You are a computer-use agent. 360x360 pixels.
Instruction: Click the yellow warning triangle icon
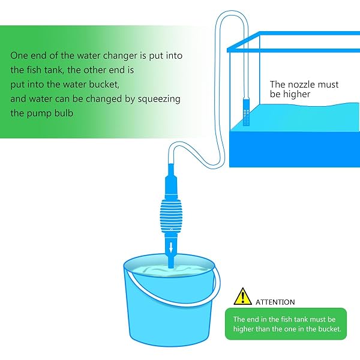(x=242, y=297)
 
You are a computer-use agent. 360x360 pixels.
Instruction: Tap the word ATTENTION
(x=275, y=302)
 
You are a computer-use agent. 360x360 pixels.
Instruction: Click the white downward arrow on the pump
(x=171, y=247)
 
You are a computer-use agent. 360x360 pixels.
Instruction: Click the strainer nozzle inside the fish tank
(x=246, y=112)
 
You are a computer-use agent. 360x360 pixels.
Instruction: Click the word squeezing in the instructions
(x=159, y=100)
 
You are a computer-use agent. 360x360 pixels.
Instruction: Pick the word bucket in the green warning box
(x=329, y=329)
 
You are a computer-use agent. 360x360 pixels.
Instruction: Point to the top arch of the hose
(x=232, y=12)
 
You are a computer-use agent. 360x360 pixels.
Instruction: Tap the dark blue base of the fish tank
(x=295, y=149)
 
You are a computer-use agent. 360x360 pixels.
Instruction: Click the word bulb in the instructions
(x=64, y=113)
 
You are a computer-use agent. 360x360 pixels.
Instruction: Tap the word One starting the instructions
(x=19, y=56)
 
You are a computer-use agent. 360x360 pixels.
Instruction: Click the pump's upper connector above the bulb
(x=171, y=181)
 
